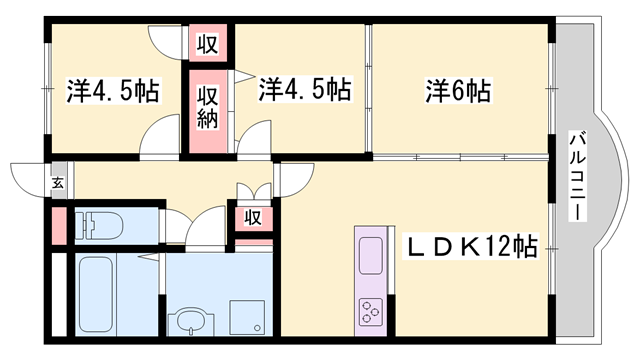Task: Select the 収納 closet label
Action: (x=208, y=107)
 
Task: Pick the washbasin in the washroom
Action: (x=190, y=322)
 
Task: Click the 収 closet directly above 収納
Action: (x=208, y=43)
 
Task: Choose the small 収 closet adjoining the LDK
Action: (x=253, y=217)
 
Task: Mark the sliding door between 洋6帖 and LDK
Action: (x=460, y=156)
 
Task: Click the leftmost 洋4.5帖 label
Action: (x=113, y=91)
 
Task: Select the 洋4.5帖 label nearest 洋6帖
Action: (x=305, y=91)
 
